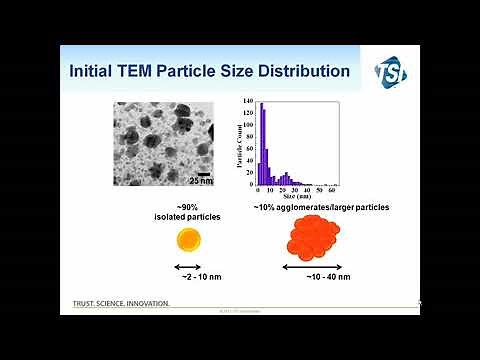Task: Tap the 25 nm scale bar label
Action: coord(201,181)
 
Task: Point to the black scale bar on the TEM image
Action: coord(203,173)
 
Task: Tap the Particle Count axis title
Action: coord(241,144)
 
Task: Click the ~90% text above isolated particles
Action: coord(187,206)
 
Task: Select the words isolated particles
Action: coord(187,216)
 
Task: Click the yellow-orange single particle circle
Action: coord(187,240)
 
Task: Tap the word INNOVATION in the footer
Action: coord(144,303)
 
